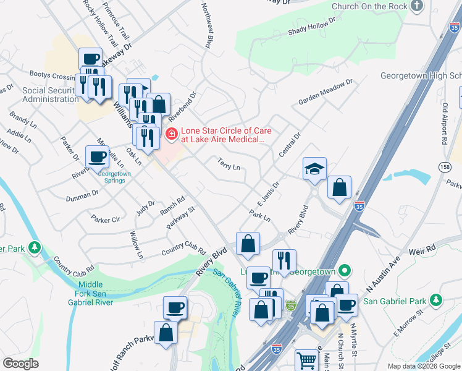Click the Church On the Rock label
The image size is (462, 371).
369,6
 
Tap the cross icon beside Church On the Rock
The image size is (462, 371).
417,6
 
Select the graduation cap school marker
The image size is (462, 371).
314,168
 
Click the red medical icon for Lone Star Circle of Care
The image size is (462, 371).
171,133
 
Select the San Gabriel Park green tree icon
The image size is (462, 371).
437,301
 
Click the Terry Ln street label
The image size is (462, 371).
228,163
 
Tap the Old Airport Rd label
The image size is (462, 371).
444,124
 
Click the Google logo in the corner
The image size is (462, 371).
20,364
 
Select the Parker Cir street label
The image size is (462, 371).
105,220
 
